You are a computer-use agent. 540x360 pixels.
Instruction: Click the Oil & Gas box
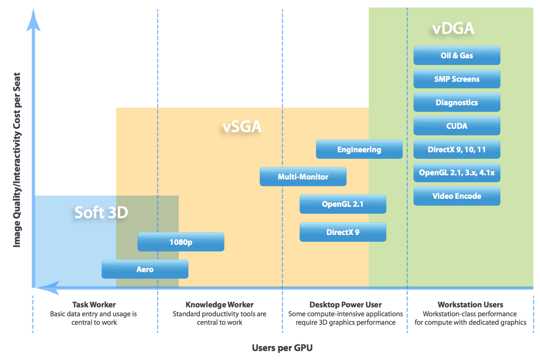click(457, 55)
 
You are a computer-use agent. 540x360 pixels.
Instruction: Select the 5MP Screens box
click(457, 79)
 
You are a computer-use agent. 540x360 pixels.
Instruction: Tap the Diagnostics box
click(457, 102)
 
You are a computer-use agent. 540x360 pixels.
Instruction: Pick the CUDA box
click(457, 125)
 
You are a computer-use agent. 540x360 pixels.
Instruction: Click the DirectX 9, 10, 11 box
click(457, 149)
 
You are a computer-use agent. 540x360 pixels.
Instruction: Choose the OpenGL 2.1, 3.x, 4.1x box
click(457, 172)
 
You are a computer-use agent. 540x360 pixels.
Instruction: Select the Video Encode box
click(457, 196)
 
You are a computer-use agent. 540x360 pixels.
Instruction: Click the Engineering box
click(359, 149)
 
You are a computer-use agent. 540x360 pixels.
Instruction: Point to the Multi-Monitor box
click(303, 177)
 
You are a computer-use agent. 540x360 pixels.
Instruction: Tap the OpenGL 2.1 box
click(342, 204)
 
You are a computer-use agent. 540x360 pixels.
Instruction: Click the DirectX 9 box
click(342, 232)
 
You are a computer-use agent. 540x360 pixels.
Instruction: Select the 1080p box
click(181, 242)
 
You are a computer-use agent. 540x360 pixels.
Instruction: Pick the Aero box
click(145, 269)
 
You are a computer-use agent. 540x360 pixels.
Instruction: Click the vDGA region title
click(453, 28)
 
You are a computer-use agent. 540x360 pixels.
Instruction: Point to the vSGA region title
click(242, 126)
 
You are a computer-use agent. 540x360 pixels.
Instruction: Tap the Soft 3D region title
click(101, 212)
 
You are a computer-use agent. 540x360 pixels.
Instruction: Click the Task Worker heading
click(94, 305)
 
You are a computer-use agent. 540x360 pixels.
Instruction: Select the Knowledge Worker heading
click(219, 305)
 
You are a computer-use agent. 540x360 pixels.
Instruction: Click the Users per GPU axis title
click(282, 348)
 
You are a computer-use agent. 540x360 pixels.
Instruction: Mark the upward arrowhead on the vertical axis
click(33, 20)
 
